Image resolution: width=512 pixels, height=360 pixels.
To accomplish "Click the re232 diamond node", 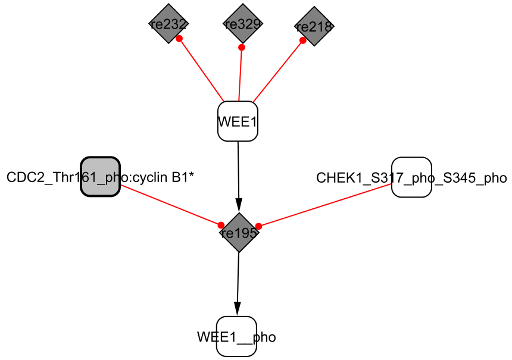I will pos(168,24).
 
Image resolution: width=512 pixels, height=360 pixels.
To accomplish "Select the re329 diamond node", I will pos(242,24).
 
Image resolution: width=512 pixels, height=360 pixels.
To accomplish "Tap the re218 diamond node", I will pos(314,26).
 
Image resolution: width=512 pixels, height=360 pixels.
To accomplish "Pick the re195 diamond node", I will pos(239,233).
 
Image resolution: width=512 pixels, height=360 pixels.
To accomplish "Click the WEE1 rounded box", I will pos(238,121).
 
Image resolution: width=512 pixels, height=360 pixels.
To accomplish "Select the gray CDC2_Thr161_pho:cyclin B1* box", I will pos(101,177).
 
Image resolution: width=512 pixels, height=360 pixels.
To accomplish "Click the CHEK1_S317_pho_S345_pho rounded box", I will pos(411,177).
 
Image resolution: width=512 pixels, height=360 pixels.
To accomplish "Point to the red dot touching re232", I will pos(179,38).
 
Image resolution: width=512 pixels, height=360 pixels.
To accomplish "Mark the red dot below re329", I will pos(241,47).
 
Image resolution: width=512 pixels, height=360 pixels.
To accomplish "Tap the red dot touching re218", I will pos(302,40).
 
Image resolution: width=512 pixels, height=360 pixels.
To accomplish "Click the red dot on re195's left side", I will pos(221,225).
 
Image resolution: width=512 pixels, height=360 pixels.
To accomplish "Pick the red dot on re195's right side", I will pos(258,226).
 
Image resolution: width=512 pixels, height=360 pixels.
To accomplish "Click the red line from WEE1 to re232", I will pos(202,70).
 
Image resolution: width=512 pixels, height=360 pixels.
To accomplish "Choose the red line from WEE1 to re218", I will pos(278,71).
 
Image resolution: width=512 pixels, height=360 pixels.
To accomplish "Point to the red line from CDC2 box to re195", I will pos(171,205).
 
